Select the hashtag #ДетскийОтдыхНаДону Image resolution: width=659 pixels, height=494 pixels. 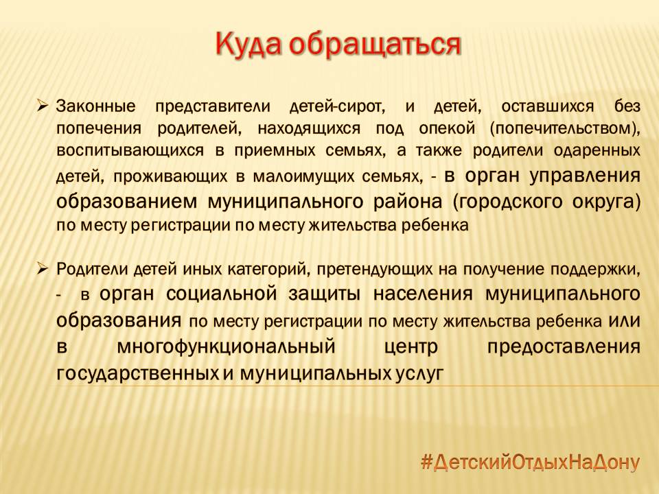530,462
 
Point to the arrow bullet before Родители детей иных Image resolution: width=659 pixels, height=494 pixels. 43,268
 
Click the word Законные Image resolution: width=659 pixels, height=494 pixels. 96,106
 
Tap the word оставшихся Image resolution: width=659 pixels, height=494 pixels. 548,107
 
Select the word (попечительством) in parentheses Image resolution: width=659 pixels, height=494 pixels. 565,128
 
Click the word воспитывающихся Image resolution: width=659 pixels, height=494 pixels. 130,150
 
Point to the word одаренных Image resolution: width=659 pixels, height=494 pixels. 597,150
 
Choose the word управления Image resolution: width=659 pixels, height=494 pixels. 585,175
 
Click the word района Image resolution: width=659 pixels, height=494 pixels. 408,202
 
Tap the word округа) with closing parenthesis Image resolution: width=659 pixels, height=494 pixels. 606,202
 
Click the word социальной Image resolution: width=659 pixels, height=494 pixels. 222,294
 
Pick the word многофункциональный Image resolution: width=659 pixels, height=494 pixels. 226,347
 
